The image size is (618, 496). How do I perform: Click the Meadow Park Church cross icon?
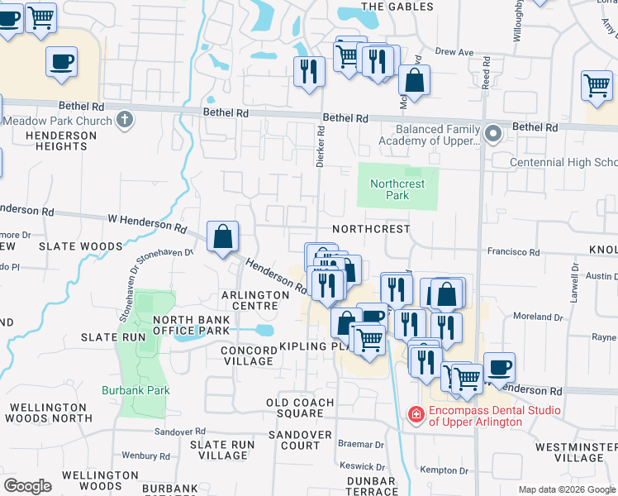click(x=125, y=121)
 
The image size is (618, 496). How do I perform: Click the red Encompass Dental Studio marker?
click(x=417, y=411)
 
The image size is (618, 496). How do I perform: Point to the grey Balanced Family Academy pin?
click(x=493, y=133)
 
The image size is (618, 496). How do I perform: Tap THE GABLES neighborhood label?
click(x=397, y=7)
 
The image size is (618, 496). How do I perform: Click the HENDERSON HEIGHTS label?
click(x=56, y=141)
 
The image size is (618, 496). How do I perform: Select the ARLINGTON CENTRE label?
click(x=254, y=300)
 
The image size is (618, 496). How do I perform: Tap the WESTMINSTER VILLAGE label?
click(x=575, y=452)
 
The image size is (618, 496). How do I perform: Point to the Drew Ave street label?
click(x=454, y=52)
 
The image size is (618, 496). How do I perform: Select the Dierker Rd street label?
click(x=320, y=146)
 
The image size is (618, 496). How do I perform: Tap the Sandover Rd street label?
click(x=180, y=432)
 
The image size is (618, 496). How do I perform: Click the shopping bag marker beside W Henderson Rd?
click(x=223, y=237)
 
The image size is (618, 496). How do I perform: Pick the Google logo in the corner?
click(x=27, y=486)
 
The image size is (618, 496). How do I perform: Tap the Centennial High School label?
click(x=563, y=162)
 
